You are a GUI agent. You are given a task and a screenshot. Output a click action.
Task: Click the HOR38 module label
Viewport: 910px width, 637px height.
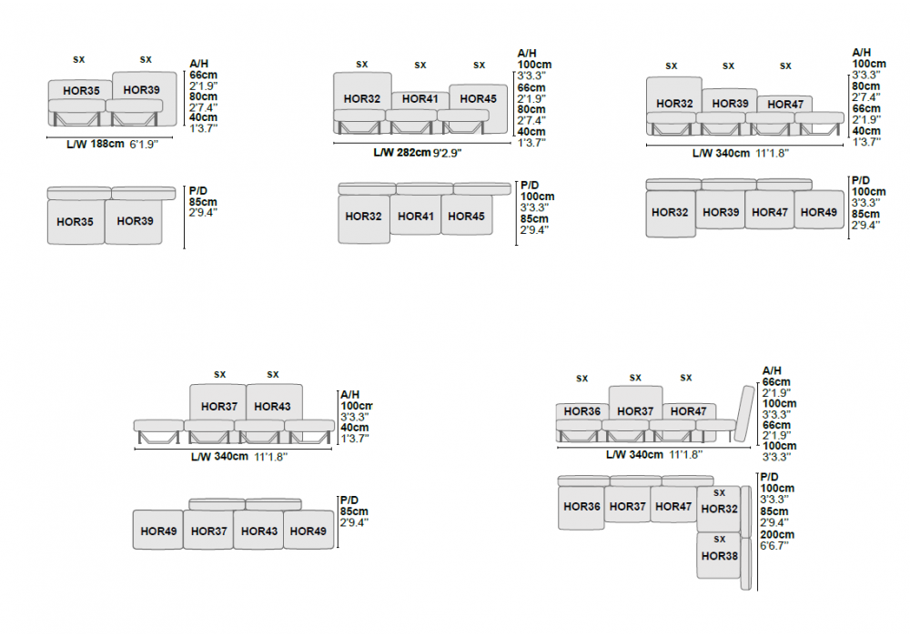pyautogui.click(x=720, y=556)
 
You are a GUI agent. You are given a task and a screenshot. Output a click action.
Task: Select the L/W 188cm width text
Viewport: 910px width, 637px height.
pyautogui.click(x=95, y=144)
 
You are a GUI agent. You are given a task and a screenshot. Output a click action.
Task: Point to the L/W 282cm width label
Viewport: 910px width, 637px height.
pyautogui.click(x=401, y=153)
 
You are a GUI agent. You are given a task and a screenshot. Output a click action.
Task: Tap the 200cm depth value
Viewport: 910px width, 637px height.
pyautogui.click(x=777, y=535)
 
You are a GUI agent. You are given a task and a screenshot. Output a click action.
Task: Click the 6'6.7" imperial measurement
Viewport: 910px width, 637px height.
pyautogui.click(x=777, y=546)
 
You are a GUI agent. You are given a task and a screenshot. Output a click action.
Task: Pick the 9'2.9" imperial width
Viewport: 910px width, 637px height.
pyautogui.click(x=447, y=153)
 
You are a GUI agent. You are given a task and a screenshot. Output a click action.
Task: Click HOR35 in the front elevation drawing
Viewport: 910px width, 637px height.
pyautogui.click(x=81, y=90)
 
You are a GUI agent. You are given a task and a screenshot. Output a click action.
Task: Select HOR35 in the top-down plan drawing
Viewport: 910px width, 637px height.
pyautogui.click(x=75, y=221)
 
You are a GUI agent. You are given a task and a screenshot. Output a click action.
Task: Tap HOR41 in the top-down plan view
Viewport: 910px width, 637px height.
pyautogui.click(x=414, y=216)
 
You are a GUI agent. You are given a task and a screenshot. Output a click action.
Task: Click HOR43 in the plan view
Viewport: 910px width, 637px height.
pyautogui.click(x=258, y=531)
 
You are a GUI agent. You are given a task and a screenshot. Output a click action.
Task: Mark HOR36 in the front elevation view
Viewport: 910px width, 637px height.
pyautogui.click(x=582, y=411)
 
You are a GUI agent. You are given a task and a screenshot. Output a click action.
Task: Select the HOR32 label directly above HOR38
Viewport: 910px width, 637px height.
pyautogui.click(x=720, y=509)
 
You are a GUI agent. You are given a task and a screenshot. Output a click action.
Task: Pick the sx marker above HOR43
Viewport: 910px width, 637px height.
pyautogui.click(x=273, y=374)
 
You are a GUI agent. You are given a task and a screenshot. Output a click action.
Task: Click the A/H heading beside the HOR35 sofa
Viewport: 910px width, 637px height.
pyautogui.click(x=199, y=63)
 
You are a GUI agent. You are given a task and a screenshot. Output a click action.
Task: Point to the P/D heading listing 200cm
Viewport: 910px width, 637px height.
pyautogui.click(x=770, y=477)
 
